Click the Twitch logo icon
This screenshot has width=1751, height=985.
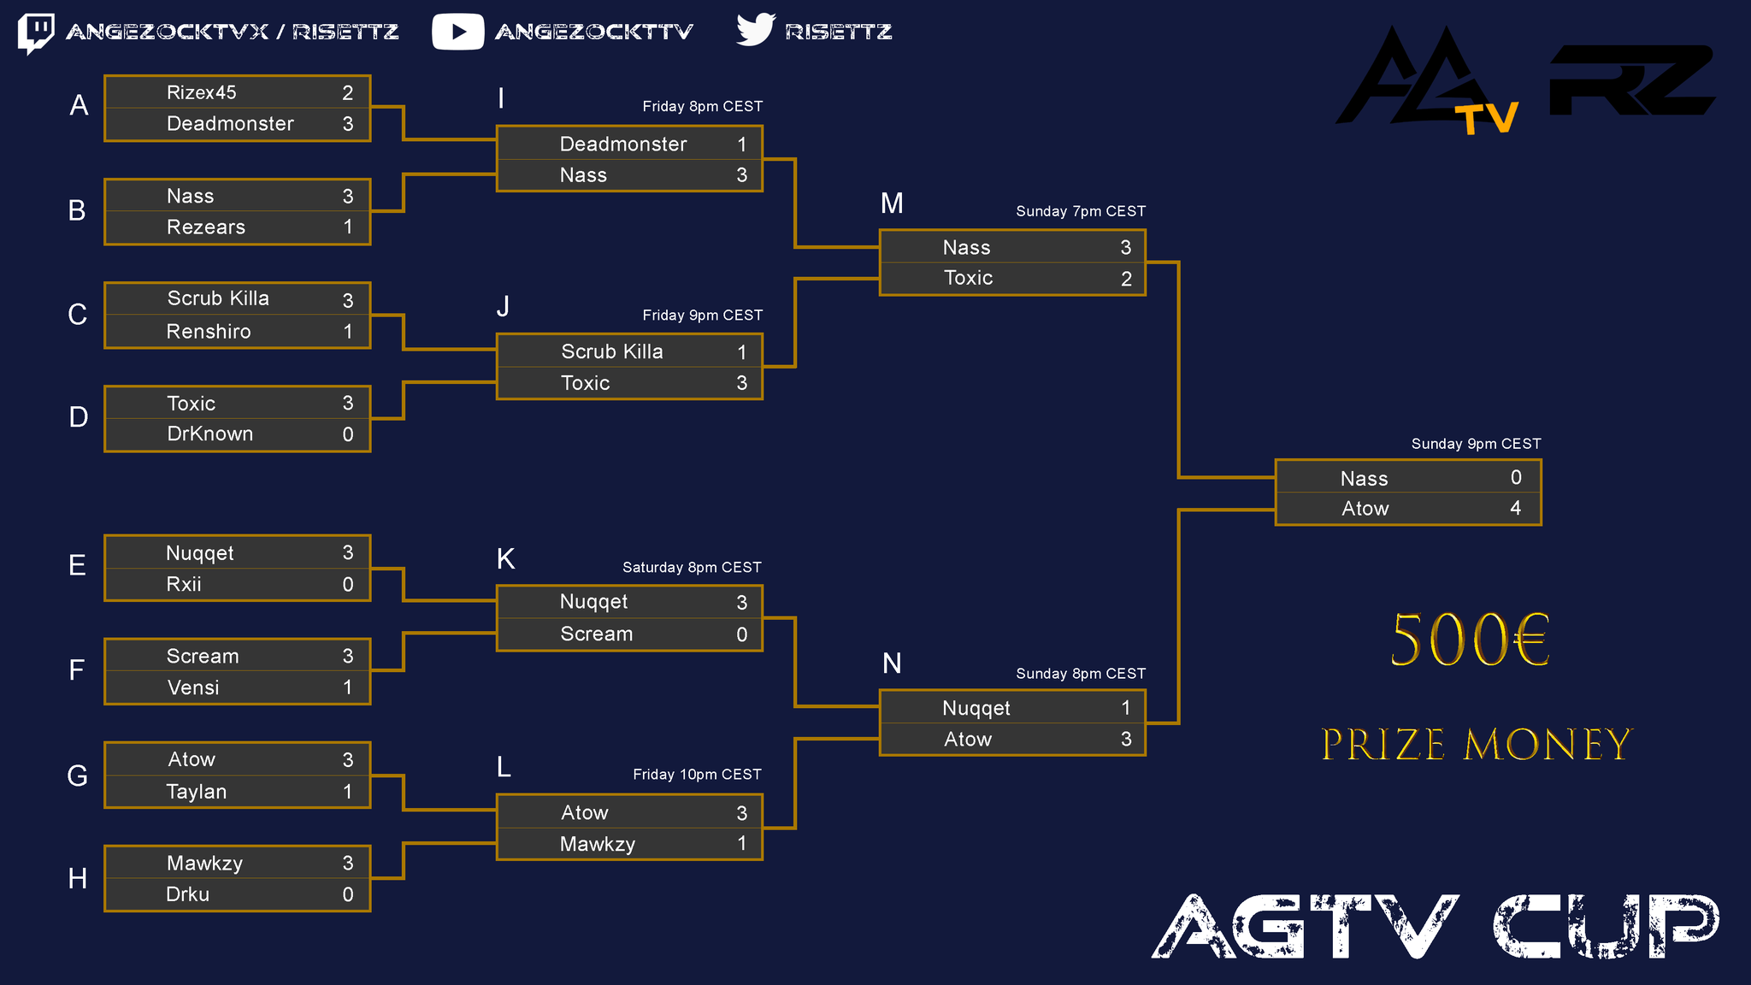[x=36, y=32]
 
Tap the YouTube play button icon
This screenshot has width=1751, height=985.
[x=457, y=32]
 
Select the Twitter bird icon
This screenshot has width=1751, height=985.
[x=755, y=30]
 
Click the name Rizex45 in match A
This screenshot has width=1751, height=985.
[x=202, y=92]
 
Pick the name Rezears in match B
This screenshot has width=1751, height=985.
[x=206, y=227]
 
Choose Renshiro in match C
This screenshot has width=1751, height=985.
[x=209, y=332]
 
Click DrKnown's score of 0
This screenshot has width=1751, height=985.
[x=348, y=434]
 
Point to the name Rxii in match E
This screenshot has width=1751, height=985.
[x=184, y=585]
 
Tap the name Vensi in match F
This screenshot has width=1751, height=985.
[x=193, y=688]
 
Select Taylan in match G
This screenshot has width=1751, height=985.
[x=197, y=792]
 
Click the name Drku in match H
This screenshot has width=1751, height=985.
[x=187, y=894]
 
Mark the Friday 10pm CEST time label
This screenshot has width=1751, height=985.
[x=697, y=775]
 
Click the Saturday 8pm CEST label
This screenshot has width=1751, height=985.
[x=692, y=568]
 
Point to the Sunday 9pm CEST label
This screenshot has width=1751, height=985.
[x=1476, y=444]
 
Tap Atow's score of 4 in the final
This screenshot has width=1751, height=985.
[x=1516, y=508]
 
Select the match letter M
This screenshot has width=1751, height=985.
[x=892, y=203]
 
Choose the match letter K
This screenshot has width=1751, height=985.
[x=505, y=559]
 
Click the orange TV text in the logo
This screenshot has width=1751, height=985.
[x=1488, y=119]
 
